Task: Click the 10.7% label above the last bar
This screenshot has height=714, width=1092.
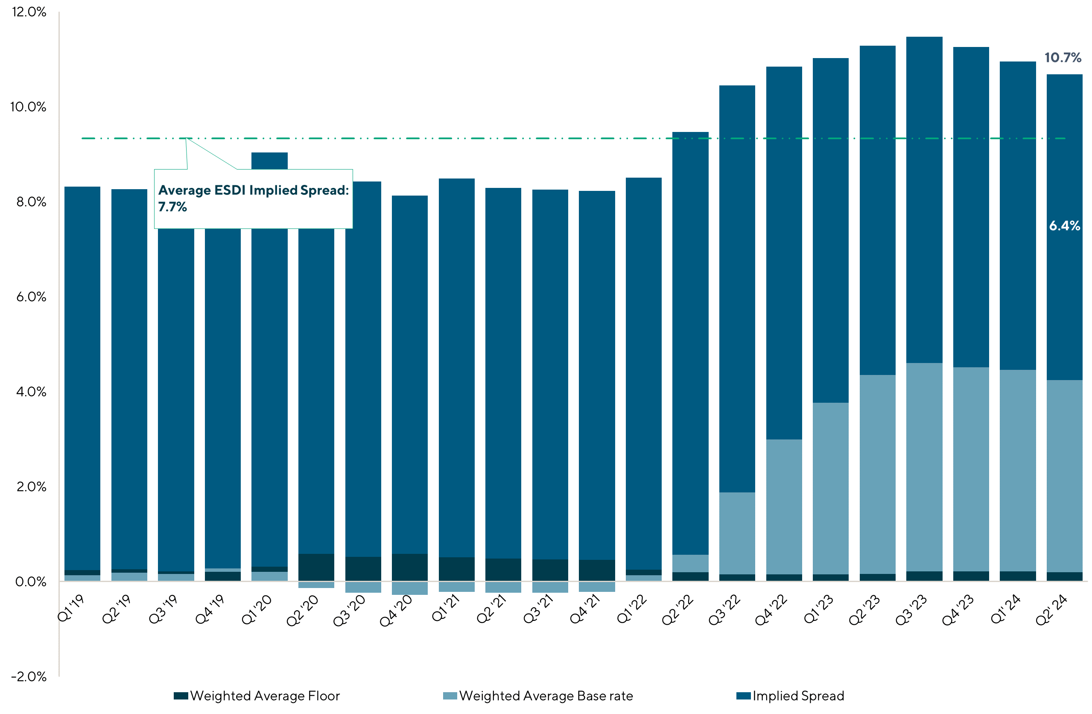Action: point(1062,58)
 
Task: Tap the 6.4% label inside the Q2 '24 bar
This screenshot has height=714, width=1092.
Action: point(1064,226)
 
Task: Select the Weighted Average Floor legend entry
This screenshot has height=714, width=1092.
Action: point(257,696)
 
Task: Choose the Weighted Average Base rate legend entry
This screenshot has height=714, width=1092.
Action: point(538,696)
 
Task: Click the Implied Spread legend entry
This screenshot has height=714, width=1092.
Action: point(790,696)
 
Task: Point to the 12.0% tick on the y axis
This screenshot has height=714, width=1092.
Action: point(29,12)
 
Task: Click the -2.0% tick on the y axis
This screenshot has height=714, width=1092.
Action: point(29,676)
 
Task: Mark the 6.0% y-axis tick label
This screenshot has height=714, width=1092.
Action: point(31,297)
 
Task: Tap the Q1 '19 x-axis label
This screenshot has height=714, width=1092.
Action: point(72,609)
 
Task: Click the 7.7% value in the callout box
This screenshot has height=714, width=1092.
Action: point(172,207)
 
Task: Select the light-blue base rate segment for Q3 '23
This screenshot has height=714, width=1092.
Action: point(924,467)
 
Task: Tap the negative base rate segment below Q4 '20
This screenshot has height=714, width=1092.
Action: point(410,588)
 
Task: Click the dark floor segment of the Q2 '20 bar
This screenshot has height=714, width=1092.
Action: point(316,567)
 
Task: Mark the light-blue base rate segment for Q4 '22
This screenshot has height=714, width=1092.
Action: point(784,506)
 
